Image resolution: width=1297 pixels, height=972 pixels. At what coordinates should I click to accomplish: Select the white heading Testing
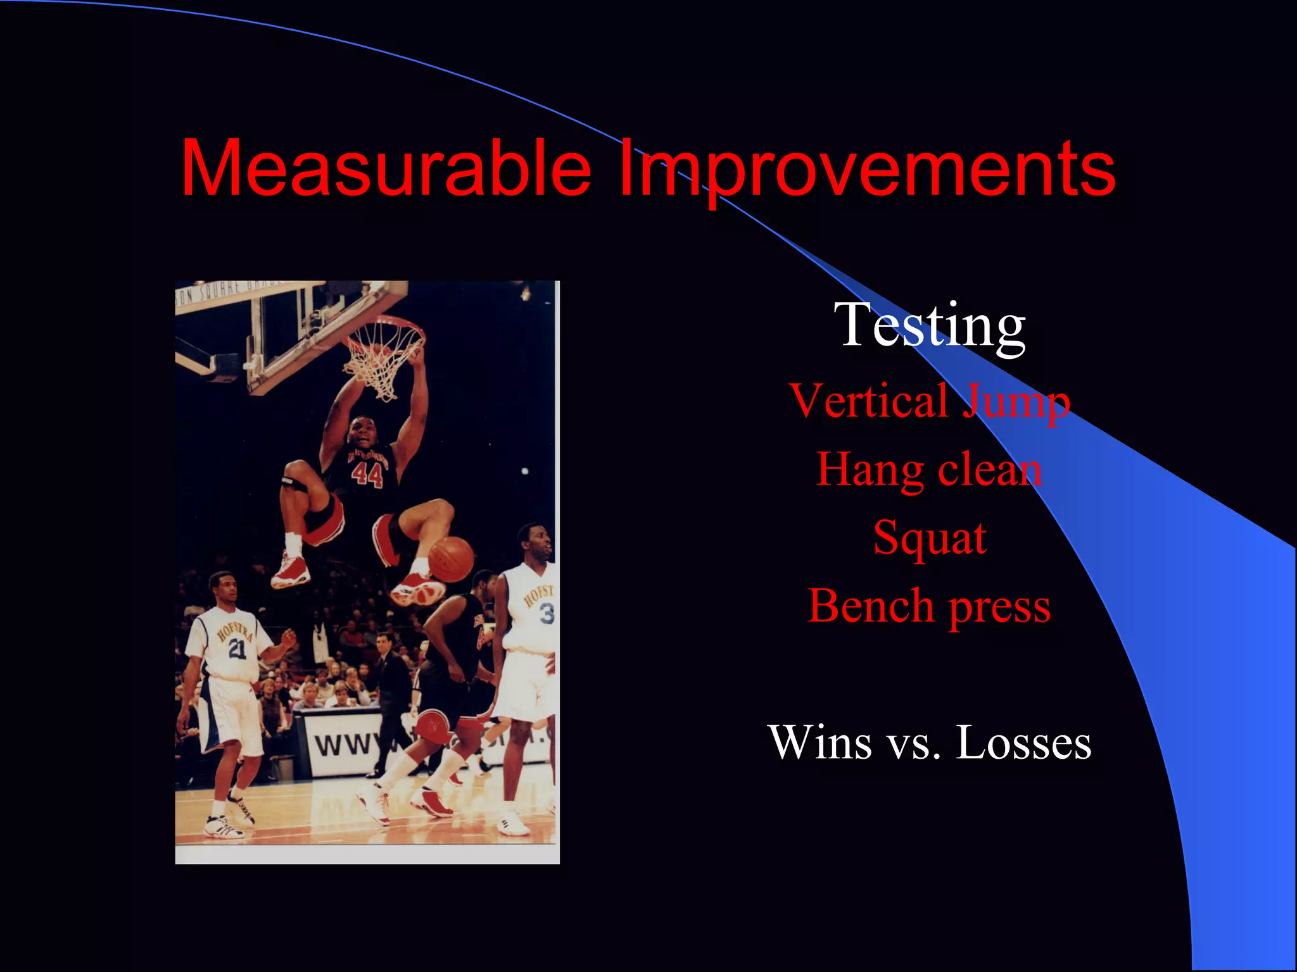(930, 325)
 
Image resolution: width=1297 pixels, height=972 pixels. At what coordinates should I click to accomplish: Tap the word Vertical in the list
(868, 401)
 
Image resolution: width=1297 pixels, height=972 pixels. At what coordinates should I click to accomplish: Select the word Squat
(930, 539)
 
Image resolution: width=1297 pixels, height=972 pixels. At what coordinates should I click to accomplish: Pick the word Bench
(871, 606)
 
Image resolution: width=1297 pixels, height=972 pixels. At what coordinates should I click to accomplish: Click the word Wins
(819, 742)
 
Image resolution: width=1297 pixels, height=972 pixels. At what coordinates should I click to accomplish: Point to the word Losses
(1023, 742)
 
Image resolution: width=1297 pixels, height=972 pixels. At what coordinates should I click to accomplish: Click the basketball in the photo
(451, 559)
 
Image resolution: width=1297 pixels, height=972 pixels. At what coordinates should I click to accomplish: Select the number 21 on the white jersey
(237, 648)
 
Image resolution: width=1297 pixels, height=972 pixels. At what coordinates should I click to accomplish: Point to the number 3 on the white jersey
(546, 613)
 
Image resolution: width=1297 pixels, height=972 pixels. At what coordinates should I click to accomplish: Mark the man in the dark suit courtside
(388, 690)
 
